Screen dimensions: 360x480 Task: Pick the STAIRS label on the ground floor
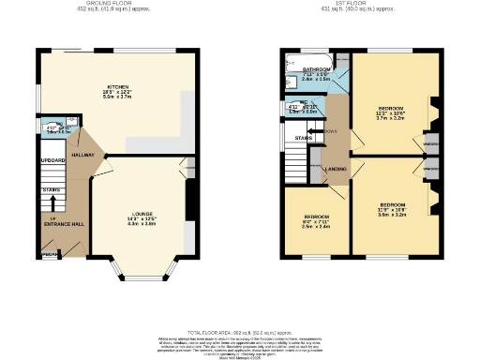click(x=52, y=188)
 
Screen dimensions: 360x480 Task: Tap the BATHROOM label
click(x=316, y=70)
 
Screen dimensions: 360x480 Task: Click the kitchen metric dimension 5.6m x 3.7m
click(x=116, y=95)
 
